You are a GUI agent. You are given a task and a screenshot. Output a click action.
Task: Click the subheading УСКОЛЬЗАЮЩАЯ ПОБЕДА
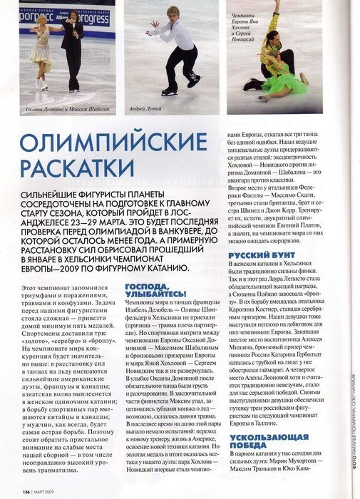tap(269, 441)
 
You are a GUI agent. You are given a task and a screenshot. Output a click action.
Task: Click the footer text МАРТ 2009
tap(48, 490)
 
